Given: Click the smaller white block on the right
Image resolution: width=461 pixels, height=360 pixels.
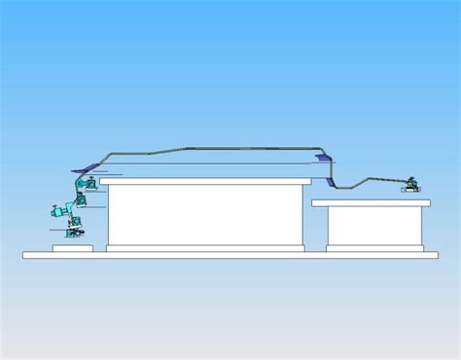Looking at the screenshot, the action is (x=375, y=226).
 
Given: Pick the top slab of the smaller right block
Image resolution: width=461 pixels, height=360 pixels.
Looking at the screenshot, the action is (x=374, y=204).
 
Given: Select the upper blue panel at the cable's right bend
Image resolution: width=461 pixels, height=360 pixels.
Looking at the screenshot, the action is (x=322, y=155).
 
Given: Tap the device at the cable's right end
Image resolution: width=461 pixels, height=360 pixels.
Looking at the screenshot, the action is (x=414, y=183).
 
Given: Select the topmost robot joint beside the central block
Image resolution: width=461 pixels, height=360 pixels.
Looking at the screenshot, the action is (x=89, y=181).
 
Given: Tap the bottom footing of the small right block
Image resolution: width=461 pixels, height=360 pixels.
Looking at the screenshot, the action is (x=374, y=248).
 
